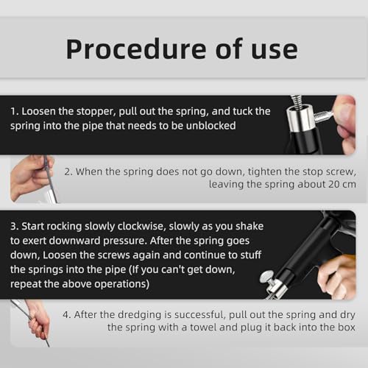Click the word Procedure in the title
(136, 49)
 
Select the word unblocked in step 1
(210, 126)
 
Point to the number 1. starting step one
(15, 111)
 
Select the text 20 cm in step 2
(342, 184)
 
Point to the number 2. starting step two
(68, 171)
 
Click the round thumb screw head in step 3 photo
(266, 277)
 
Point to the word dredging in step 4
(139, 315)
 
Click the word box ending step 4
(346, 328)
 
